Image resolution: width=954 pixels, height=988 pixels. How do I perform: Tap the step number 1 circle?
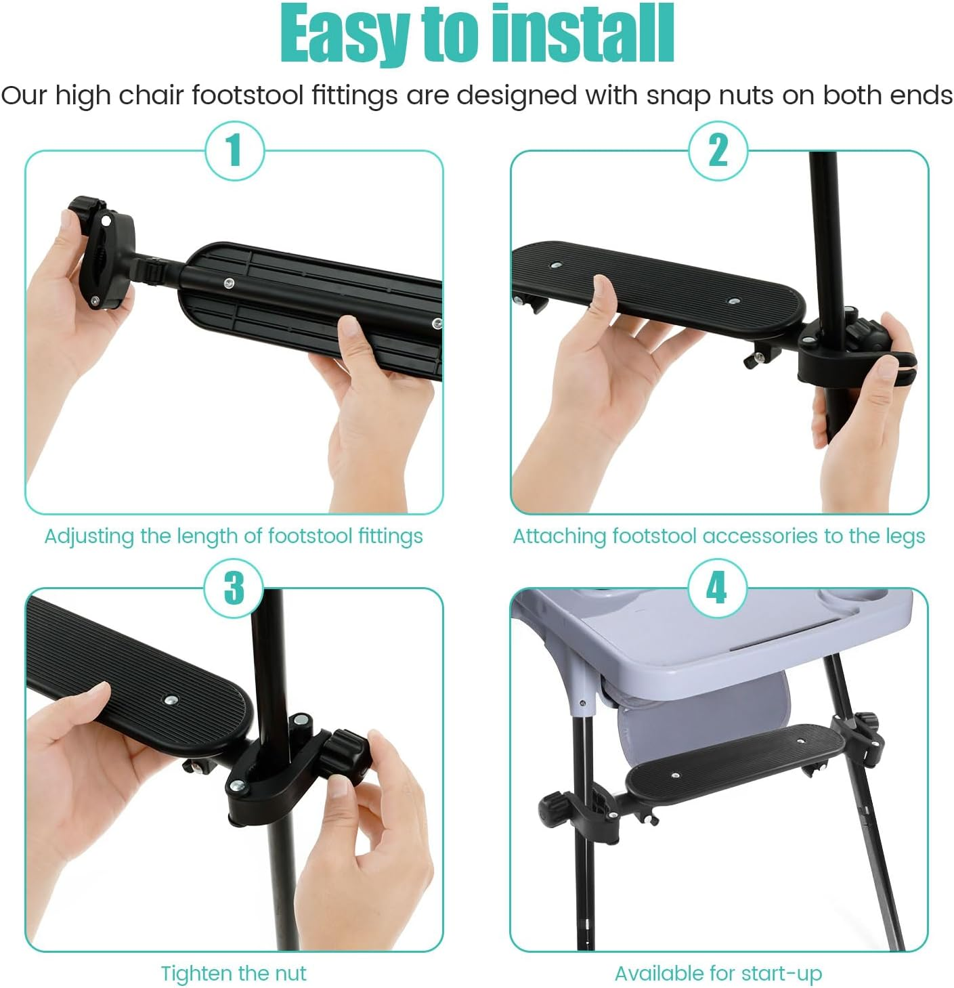tap(234, 150)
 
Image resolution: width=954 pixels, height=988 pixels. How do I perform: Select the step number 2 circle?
tap(718, 150)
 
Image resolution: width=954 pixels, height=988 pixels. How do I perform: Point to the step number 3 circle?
tap(234, 588)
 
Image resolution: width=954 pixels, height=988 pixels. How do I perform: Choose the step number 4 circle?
tap(717, 588)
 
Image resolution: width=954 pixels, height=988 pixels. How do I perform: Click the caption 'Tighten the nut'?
tap(234, 973)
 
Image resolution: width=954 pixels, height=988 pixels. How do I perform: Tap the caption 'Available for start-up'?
tap(718, 973)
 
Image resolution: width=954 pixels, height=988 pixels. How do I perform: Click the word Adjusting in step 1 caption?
tap(89, 536)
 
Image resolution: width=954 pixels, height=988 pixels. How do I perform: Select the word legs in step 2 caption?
tap(905, 536)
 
